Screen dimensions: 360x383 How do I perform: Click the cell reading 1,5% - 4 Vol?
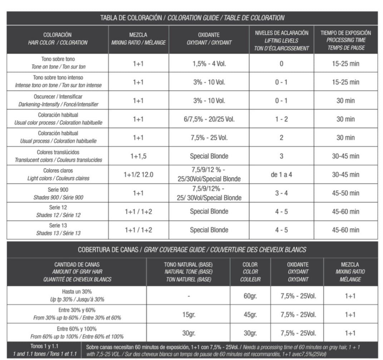209,64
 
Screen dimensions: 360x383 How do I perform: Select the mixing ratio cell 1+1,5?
138,156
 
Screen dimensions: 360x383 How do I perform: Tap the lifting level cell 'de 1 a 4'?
281,175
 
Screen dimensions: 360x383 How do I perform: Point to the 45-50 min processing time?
345,193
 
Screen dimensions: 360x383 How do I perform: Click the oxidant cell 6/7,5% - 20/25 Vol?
209,119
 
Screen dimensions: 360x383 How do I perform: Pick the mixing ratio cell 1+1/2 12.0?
138,175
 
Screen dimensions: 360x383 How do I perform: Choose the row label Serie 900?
58,193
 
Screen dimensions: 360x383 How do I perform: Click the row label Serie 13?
58,230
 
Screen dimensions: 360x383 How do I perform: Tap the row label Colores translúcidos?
58,156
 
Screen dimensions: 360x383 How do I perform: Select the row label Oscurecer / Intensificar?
58,100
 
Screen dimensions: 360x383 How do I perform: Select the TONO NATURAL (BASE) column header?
188,272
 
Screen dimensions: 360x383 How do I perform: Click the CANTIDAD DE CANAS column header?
77,272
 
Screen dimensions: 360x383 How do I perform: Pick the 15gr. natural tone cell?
188,315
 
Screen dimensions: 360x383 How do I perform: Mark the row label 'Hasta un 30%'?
77,296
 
